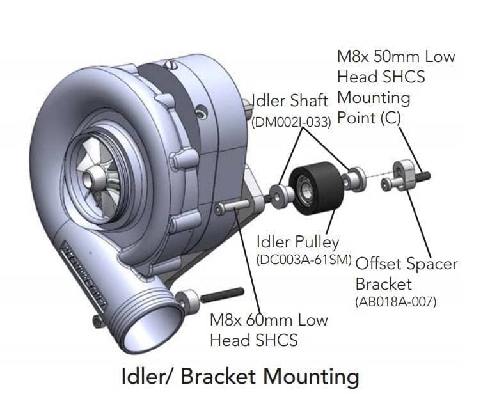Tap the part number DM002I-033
(291, 122)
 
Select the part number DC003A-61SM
(304, 260)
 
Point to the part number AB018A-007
(395, 301)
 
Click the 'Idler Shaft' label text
(290, 100)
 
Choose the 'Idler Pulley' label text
(297, 242)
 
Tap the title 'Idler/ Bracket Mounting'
(240, 377)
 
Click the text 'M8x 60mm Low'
(269, 320)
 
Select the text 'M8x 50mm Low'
(396, 56)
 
